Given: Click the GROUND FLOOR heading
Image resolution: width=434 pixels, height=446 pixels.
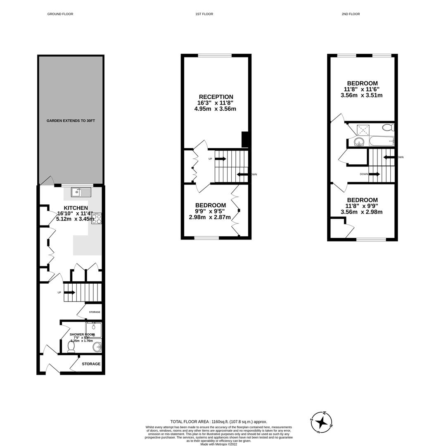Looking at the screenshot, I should point(60,14).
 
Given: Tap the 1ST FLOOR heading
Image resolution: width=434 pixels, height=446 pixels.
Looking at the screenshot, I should point(204,14).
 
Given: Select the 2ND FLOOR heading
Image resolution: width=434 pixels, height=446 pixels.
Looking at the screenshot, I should point(351,14).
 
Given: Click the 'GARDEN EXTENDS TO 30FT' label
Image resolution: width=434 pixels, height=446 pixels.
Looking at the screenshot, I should point(71,121).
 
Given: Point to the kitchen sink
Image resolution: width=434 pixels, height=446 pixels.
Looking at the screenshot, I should point(81,192).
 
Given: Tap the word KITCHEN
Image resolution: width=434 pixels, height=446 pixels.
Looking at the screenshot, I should point(76,208).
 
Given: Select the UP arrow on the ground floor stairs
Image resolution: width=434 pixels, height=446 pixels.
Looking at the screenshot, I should point(69,292).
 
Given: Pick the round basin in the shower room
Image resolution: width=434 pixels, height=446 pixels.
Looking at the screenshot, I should point(97,346).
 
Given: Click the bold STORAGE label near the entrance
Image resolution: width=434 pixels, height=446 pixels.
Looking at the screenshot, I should point(91,364).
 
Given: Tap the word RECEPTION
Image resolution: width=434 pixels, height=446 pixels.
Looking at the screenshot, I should point(216,97).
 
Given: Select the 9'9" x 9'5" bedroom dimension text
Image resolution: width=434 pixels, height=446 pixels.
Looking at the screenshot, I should point(210,211).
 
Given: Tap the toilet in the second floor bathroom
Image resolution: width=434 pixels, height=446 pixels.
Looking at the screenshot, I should point(389,127).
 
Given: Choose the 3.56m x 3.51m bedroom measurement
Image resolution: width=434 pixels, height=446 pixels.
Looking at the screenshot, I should point(361,95).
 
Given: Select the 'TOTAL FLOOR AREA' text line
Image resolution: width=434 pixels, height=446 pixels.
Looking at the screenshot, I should point(218,422).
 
